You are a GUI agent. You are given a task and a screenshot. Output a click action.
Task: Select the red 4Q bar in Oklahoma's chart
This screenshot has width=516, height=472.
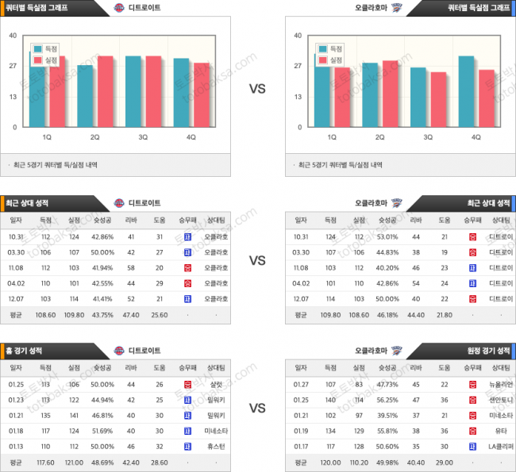click(x=487, y=98)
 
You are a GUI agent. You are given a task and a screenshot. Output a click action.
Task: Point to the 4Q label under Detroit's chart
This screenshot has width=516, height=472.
click(x=191, y=137)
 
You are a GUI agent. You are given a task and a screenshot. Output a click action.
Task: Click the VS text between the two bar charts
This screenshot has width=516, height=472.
click(x=257, y=89)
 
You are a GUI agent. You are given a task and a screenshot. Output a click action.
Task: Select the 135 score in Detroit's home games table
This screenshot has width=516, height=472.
click(x=45, y=415)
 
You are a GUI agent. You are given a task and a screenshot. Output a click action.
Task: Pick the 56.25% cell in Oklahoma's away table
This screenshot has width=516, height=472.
click(x=387, y=401)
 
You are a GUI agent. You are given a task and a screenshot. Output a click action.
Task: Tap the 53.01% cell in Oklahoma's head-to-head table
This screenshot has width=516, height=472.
click(x=387, y=237)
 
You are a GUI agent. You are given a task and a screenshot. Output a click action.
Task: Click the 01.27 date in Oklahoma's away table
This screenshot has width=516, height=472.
click(x=301, y=385)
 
